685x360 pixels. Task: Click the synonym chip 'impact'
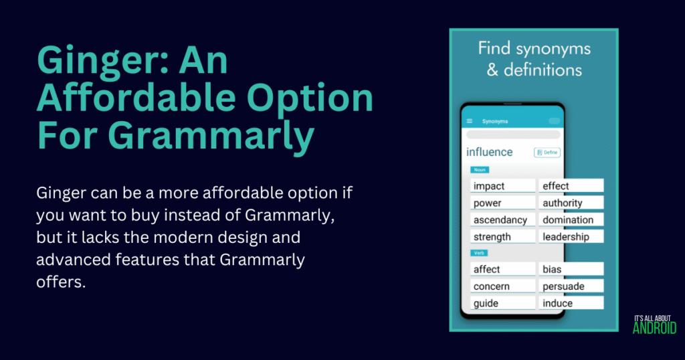coord(502,186)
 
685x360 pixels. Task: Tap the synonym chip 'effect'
coord(571,186)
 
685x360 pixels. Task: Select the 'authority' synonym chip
coord(571,203)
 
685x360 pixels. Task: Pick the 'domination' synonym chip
coord(571,219)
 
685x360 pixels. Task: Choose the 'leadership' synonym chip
coord(571,237)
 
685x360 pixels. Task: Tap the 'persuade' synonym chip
coord(571,286)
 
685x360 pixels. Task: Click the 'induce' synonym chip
coord(571,303)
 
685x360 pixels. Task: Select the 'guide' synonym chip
coord(502,303)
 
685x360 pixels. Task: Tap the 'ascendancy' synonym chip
coord(502,219)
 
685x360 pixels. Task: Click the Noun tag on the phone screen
coord(479,170)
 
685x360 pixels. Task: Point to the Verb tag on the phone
coord(479,253)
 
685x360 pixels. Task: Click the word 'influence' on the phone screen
coord(490,152)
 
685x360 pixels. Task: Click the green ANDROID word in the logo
coord(654,328)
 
